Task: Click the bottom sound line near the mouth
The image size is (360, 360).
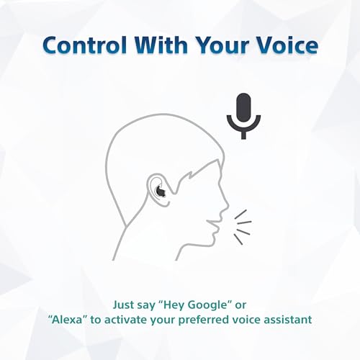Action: tap(242, 233)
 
